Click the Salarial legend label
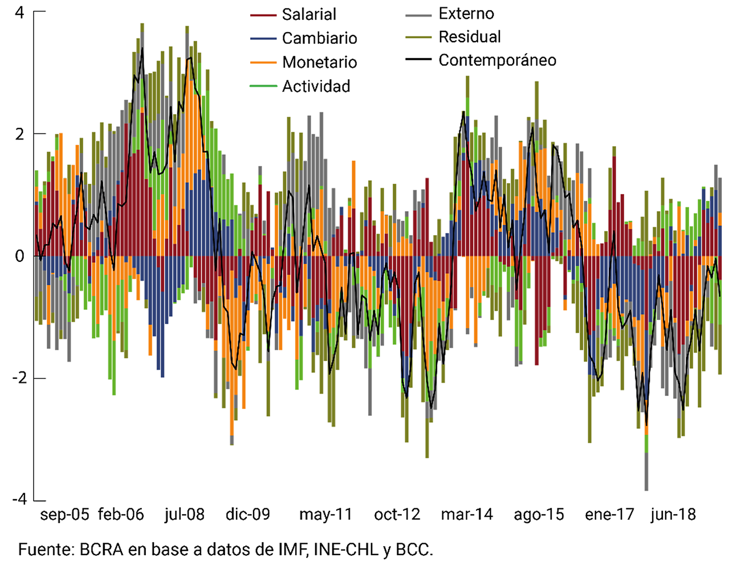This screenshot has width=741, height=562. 309,14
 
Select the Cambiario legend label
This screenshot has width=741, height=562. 319,38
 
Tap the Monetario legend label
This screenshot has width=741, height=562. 319,62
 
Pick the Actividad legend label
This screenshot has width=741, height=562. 316,86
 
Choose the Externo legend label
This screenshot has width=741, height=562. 466,14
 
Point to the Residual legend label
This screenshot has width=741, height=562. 470,37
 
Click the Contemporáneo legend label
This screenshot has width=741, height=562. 497,60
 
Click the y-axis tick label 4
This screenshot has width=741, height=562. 20,13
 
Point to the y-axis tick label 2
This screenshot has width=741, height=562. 20,134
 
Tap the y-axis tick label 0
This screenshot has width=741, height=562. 20,256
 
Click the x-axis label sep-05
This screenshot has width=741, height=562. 65,515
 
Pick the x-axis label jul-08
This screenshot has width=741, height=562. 184,515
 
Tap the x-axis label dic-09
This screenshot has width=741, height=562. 247,515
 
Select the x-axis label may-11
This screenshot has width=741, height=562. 325,515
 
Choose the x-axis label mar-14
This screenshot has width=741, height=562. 467,515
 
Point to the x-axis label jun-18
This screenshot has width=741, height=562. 673,515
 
